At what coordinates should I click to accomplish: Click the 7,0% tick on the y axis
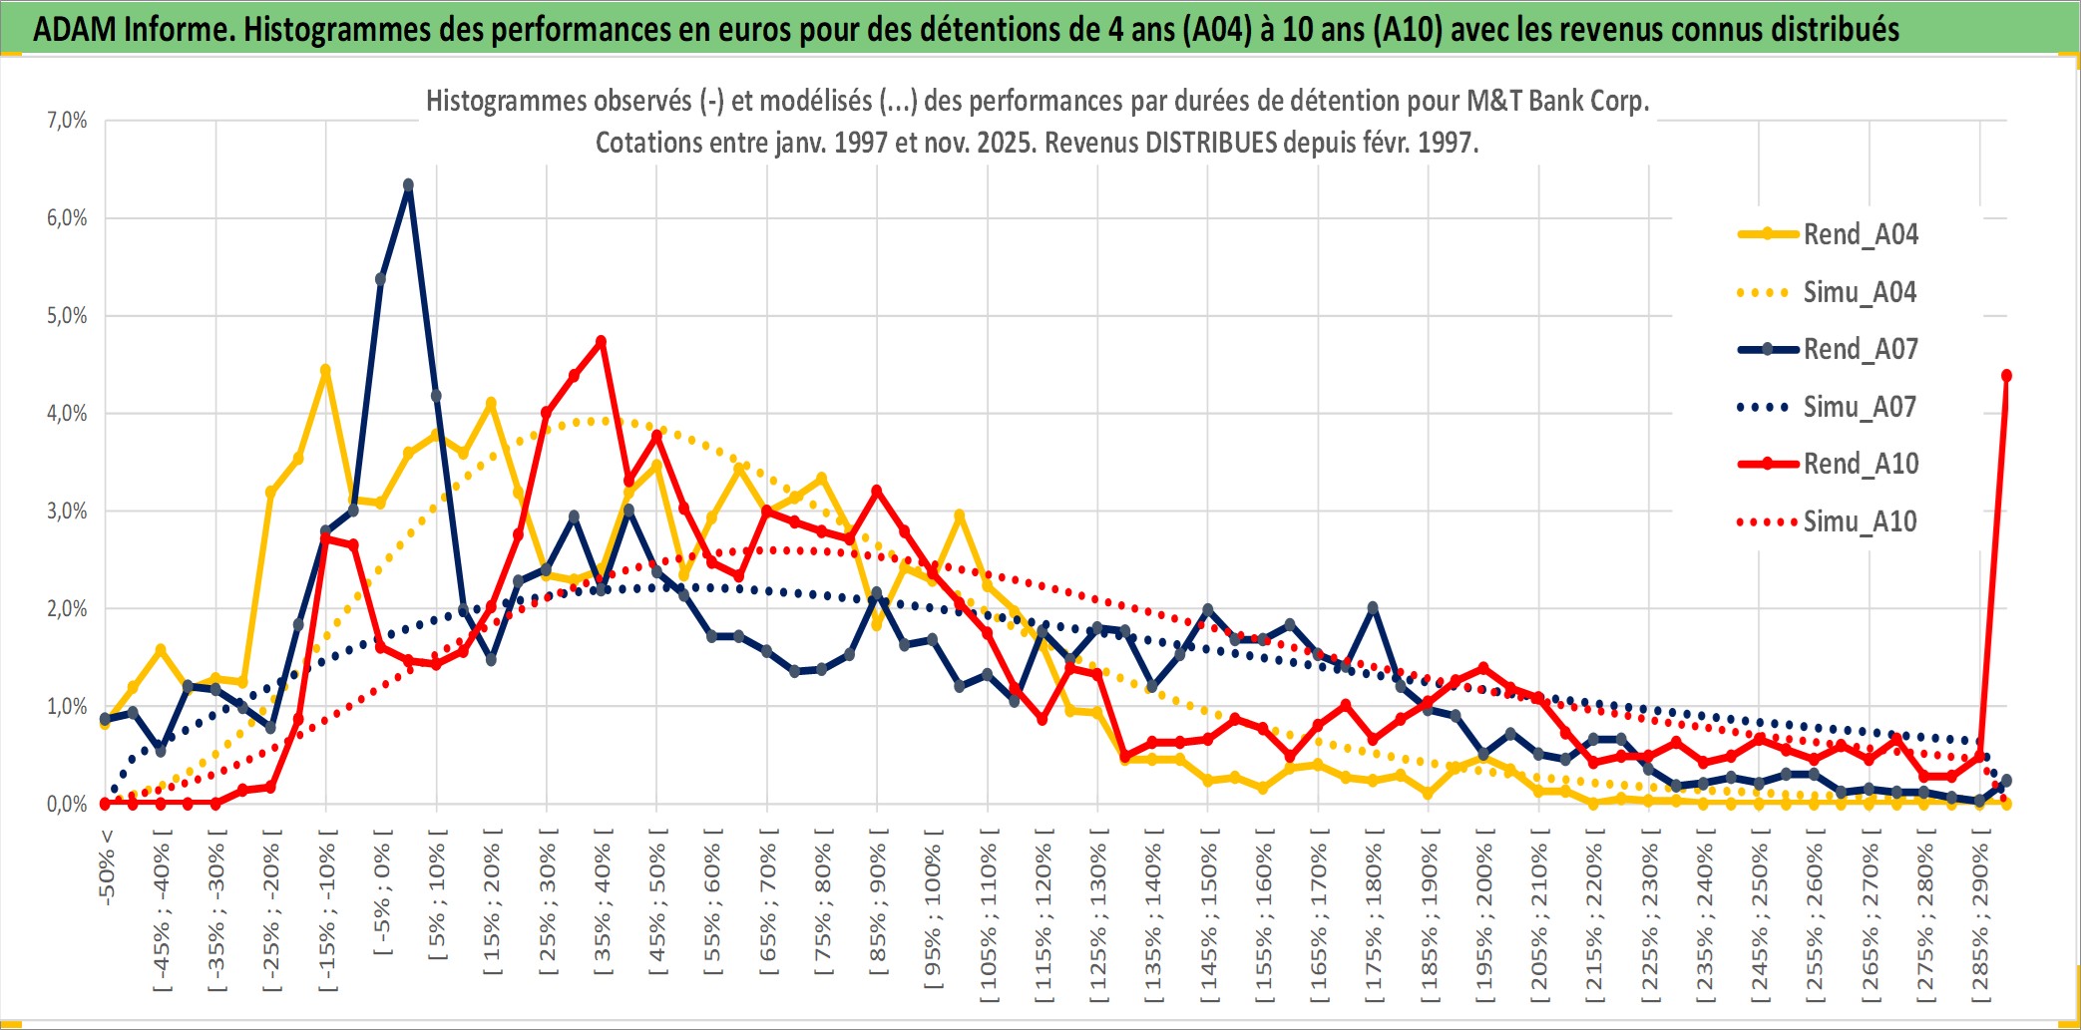click(x=67, y=121)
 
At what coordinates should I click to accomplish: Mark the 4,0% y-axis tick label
click(x=67, y=414)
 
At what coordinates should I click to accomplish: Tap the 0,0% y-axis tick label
click(x=67, y=805)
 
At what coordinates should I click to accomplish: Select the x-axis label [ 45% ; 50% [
click(x=656, y=907)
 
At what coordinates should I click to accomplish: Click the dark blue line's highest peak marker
click(x=408, y=184)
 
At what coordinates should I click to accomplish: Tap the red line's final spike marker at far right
click(x=2006, y=376)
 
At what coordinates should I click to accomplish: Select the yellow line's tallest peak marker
click(x=325, y=370)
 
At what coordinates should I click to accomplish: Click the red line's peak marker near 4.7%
click(x=601, y=341)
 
